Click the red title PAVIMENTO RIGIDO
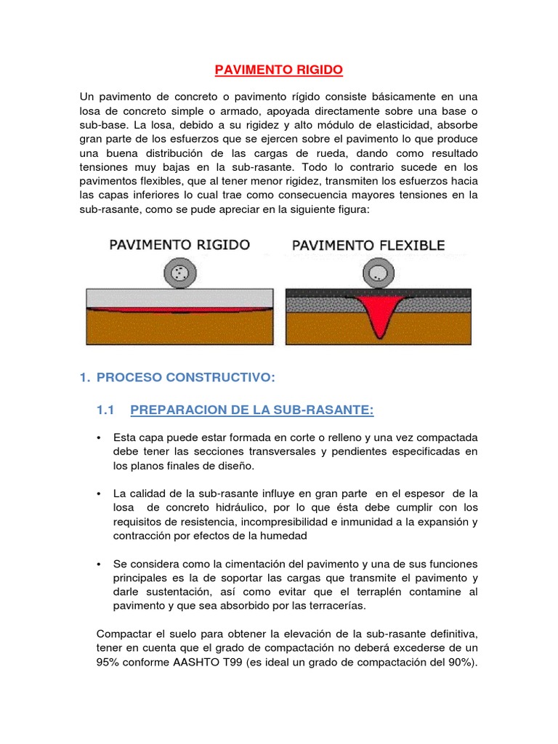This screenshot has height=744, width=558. (x=278, y=70)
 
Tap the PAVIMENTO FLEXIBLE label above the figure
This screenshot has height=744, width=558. (x=368, y=246)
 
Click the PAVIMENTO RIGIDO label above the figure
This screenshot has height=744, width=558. (x=179, y=246)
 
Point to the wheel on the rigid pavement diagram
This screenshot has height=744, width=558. (x=179, y=274)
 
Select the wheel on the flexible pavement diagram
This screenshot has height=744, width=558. (x=377, y=274)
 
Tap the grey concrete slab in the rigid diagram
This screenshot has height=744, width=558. (x=179, y=296)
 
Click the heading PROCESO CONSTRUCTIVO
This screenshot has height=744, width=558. (x=185, y=378)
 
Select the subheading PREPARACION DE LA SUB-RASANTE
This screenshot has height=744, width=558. (x=251, y=411)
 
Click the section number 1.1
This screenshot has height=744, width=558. (x=106, y=411)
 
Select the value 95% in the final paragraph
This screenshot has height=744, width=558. (x=109, y=662)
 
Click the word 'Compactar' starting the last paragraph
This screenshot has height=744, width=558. (x=123, y=634)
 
